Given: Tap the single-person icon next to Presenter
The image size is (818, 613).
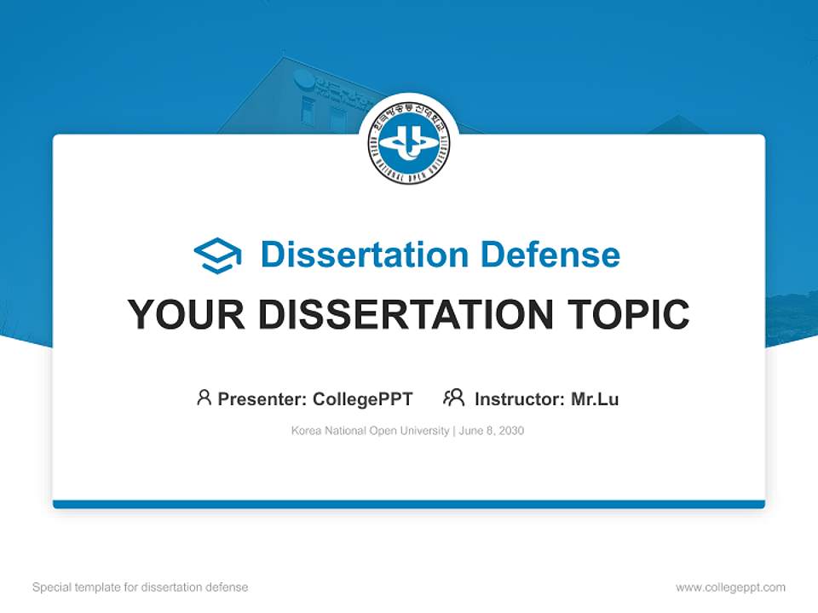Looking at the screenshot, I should click(x=204, y=398).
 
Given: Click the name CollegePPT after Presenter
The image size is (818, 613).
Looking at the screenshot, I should click(x=362, y=399).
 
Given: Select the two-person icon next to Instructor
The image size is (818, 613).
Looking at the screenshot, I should click(x=453, y=398).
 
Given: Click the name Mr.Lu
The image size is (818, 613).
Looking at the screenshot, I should click(x=595, y=399).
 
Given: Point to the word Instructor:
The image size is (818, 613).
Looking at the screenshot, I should click(x=520, y=399).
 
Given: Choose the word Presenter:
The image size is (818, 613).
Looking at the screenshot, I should click(x=262, y=399).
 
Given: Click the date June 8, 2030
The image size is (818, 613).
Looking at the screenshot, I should click(x=492, y=431).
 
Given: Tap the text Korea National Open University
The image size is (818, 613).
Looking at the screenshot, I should click(x=370, y=431).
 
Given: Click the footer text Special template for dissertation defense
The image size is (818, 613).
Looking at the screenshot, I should click(x=140, y=587).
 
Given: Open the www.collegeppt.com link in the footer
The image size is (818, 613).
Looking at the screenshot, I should click(x=730, y=587).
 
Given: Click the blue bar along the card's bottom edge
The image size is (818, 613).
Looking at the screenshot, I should click(x=409, y=504).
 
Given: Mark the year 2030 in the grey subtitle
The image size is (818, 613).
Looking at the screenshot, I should click(x=512, y=431).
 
